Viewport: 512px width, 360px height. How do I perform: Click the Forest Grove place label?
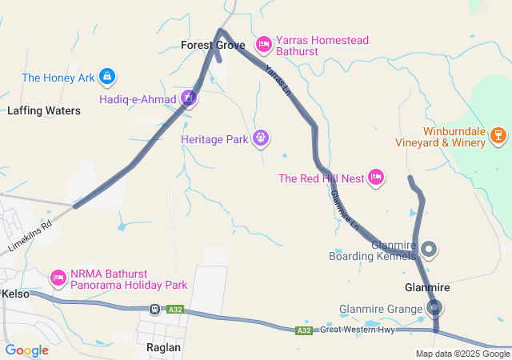click(x=212, y=45)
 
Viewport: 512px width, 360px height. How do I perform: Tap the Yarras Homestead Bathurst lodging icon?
click(x=263, y=42)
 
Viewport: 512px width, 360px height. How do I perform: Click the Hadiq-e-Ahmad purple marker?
click(x=189, y=98)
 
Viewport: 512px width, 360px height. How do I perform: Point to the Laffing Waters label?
click(x=44, y=111)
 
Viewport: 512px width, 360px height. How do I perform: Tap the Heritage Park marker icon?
click(x=260, y=139)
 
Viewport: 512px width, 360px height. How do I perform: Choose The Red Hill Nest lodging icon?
click(x=376, y=178)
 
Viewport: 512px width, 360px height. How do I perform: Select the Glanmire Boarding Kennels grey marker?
click(x=430, y=250)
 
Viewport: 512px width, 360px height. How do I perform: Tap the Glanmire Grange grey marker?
click(x=435, y=309)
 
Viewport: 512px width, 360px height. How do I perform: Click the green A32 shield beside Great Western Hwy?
click(x=303, y=330)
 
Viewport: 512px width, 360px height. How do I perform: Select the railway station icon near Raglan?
click(x=154, y=309)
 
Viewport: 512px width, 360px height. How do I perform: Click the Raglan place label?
click(x=164, y=348)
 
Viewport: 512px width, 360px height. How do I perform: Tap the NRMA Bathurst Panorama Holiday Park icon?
click(x=58, y=278)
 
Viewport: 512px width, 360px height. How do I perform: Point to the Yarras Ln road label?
click(x=277, y=79)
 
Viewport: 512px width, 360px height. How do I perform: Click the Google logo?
click(x=27, y=350)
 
